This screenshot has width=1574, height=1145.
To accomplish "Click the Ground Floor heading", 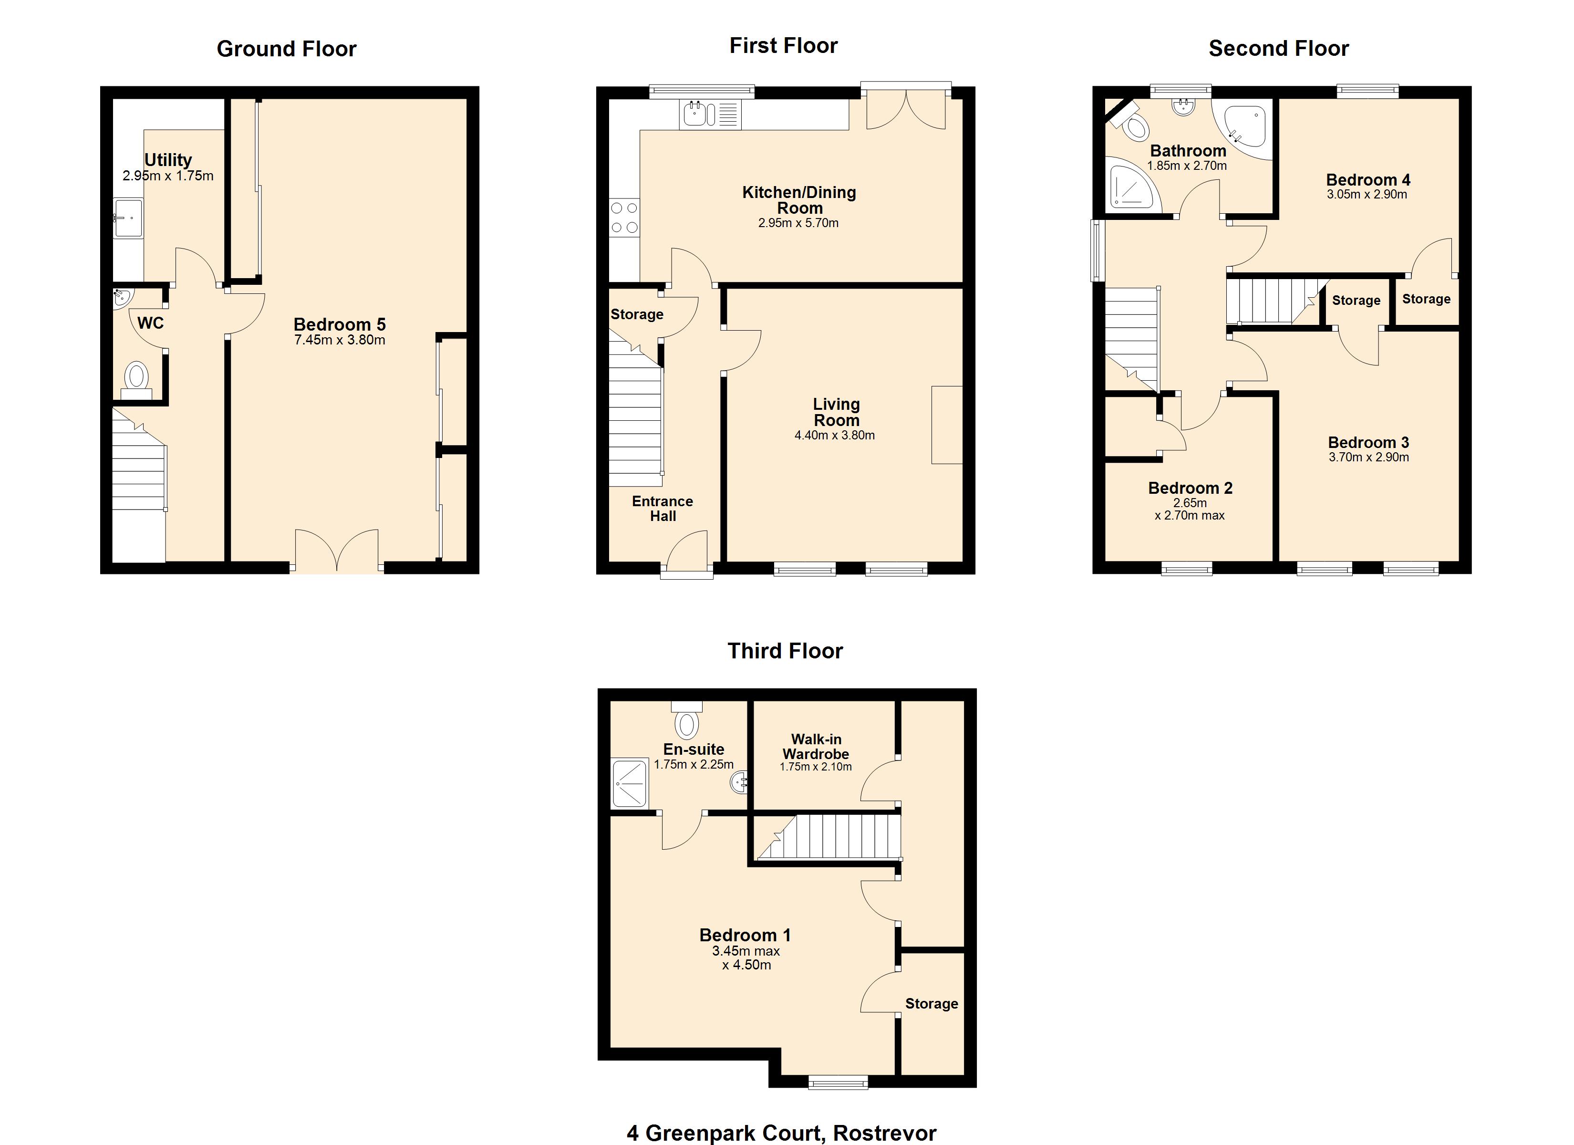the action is pyautogui.click(x=287, y=49).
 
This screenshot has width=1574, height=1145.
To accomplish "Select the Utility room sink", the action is pyautogui.click(x=128, y=218).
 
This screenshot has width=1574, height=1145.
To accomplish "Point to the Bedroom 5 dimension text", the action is pyautogui.click(x=340, y=340).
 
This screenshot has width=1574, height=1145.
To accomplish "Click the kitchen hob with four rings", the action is pyautogui.click(x=624, y=218).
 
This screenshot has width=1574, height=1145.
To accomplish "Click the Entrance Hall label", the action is pyautogui.click(x=663, y=508).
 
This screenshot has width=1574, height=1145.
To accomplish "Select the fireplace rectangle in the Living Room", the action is pyautogui.click(x=947, y=425).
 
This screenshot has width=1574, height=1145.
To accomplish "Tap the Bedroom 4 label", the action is pyautogui.click(x=1368, y=180).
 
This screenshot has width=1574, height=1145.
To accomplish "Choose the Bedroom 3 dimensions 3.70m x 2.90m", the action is pyautogui.click(x=1368, y=458).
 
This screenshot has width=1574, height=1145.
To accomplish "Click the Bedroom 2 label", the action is pyautogui.click(x=1190, y=488).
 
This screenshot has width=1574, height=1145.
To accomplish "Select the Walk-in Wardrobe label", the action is pyautogui.click(x=816, y=747).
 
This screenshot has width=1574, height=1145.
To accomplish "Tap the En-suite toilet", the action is pyautogui.click(x=687, y=718).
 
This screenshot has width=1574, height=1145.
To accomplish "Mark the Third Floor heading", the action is pyautogui.click(x=785, y=651).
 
